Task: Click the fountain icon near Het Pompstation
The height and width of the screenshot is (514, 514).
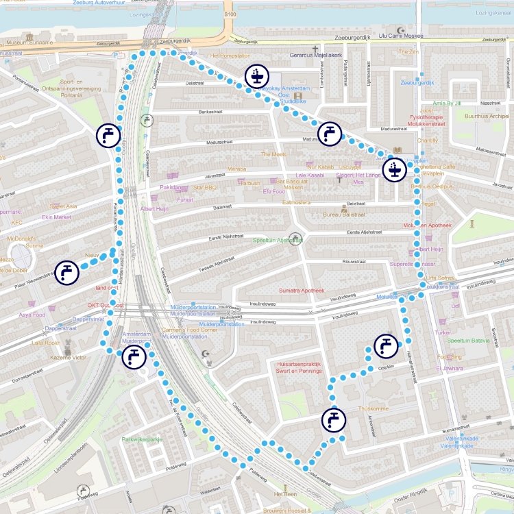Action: click(256, 77)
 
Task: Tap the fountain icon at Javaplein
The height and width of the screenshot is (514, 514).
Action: click(394, 169)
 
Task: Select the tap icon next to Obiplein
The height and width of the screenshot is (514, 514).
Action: click(386, 345)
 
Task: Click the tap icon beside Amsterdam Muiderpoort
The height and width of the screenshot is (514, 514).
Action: click(133, 356)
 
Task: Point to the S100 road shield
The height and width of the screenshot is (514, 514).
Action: click(230, 13)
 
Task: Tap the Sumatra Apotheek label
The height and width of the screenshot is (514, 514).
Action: click(300, 291)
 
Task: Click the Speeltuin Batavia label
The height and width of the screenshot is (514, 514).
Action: click(469, 340)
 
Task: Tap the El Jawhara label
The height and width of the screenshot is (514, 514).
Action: click(450, 368)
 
